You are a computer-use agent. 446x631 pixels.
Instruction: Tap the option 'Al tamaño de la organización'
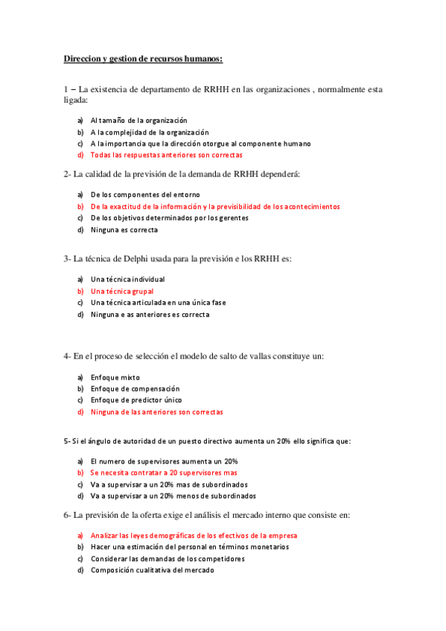[x=138, y=120]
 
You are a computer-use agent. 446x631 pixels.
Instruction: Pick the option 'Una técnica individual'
[x=127, y=279]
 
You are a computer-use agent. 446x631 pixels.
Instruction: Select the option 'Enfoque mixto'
[x=115, y=377]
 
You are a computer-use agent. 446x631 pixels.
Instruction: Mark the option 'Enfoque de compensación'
[x=135, y=388]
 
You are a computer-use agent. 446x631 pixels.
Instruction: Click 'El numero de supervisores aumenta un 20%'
[x=164, y=461]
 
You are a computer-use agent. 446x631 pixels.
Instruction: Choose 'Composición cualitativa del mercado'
[x=152, y=570]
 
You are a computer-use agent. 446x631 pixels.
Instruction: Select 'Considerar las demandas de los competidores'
[x=168, y=559]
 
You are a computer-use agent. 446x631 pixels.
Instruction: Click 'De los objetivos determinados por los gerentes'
[x=169, y=218]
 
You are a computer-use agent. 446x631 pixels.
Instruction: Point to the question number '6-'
[x=67, y=515]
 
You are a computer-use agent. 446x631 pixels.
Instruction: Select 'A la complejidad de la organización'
[x=144, y=132]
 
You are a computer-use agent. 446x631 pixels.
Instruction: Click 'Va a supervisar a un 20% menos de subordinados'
[x=173, y=496]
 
